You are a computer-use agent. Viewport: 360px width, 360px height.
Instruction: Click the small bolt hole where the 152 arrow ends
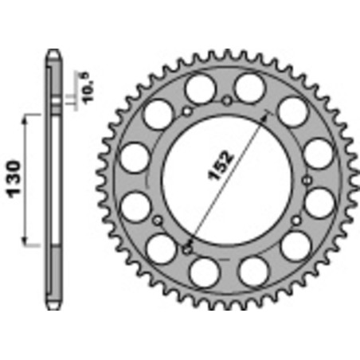coord(187,249)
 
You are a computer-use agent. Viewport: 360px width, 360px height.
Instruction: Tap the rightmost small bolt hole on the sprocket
coord(295,219)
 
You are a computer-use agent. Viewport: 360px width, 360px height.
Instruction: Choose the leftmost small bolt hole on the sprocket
coord(158,219)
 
